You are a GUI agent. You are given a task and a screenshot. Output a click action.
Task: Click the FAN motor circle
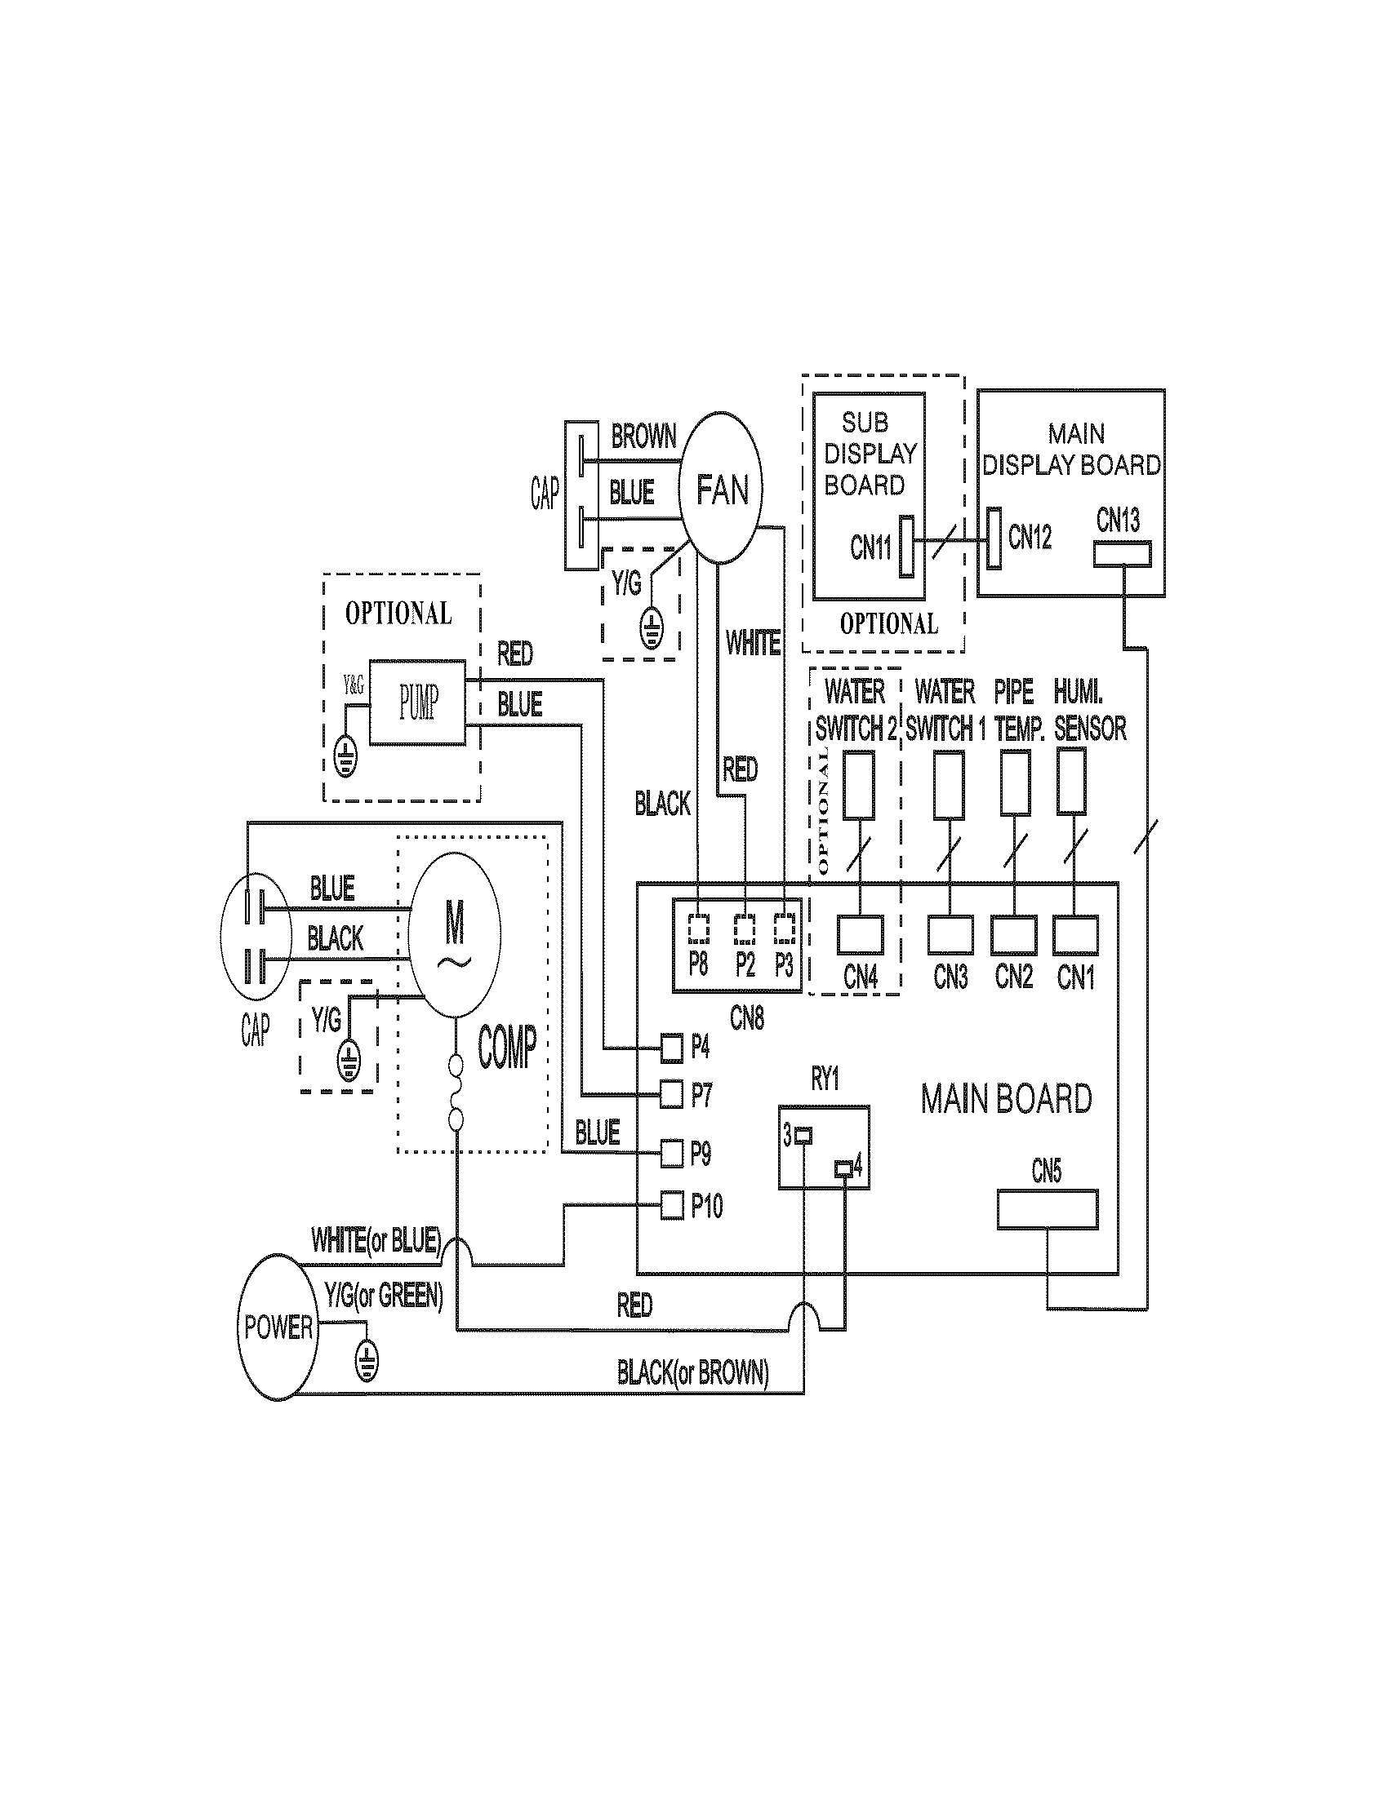pyautogui.click(x=720, y=488)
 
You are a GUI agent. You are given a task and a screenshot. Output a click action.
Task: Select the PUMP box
pyautogui.click(x=417, y=702)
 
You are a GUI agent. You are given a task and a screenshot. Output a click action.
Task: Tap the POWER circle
pyautogui.click(x=278, y=1327)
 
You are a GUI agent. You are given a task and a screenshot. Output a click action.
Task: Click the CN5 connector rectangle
pyautogui.click(x=1047, y=1209)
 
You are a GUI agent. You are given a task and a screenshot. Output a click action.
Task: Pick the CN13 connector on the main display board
pyautogui.click(x=1122, y=555)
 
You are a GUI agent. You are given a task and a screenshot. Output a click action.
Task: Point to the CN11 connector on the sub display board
pyautogui.click(x=907, y=546)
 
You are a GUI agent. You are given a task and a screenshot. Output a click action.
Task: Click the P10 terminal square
pyautogui.click(x=672, y=1206)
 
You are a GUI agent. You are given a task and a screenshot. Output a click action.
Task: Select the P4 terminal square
pyautogui.click(x=672, y=1047)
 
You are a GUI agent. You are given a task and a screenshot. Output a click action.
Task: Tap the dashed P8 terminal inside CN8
pyautogui.click(x=698, y=929)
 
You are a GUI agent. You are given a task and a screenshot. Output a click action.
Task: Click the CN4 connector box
pyautogui.click(x=860, y=935)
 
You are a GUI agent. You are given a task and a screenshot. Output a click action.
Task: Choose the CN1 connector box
pyautogui.click(x=1075, y=935)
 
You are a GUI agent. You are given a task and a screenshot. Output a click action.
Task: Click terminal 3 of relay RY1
pyautogui.click(x=803, y=1137)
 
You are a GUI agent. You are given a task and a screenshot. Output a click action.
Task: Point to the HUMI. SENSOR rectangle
pyautogui.click(x=1071, y=782)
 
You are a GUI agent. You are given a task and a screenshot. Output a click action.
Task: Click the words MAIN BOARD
pyautogui.click(x=1006, y=1099)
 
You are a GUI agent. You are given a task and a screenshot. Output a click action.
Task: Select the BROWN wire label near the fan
pyautogui.click(x=643, y=437)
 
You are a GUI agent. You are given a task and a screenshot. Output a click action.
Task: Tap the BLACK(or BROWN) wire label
pyautogui.click(x=692, y=1372)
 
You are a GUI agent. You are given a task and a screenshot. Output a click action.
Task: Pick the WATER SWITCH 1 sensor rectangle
pyautogui.click(x=949, y=785)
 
